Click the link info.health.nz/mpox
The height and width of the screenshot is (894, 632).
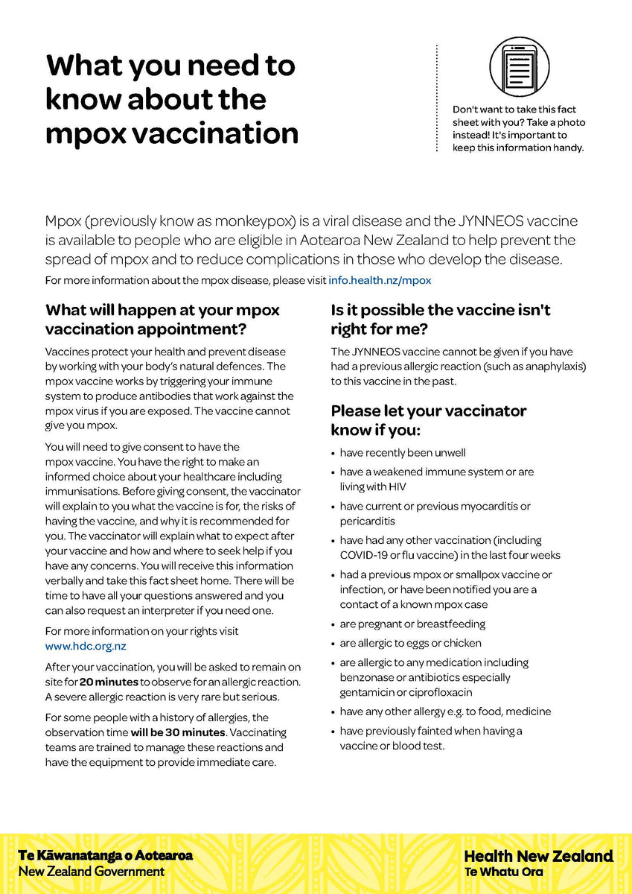[380, 281]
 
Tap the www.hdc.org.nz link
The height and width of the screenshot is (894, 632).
[86, 646]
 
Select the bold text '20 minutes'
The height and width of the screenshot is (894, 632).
[109, 682]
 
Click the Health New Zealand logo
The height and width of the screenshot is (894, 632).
[538, 856]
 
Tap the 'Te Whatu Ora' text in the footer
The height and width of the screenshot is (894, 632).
[503, 872]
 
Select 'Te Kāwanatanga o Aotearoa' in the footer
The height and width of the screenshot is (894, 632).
[105, 855]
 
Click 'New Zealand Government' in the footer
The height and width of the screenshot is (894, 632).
[92, 871]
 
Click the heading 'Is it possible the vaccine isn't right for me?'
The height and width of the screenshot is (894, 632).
[441, 319]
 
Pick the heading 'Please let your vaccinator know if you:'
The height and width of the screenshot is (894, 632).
[429, 420]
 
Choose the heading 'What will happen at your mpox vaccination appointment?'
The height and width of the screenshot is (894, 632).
[162, 319]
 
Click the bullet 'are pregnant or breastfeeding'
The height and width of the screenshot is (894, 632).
[412, 624]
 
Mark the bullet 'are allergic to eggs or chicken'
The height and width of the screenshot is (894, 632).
[410, 643]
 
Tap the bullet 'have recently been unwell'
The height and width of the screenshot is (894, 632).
[403, 452]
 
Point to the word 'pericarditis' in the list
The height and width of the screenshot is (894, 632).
[368, 521]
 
